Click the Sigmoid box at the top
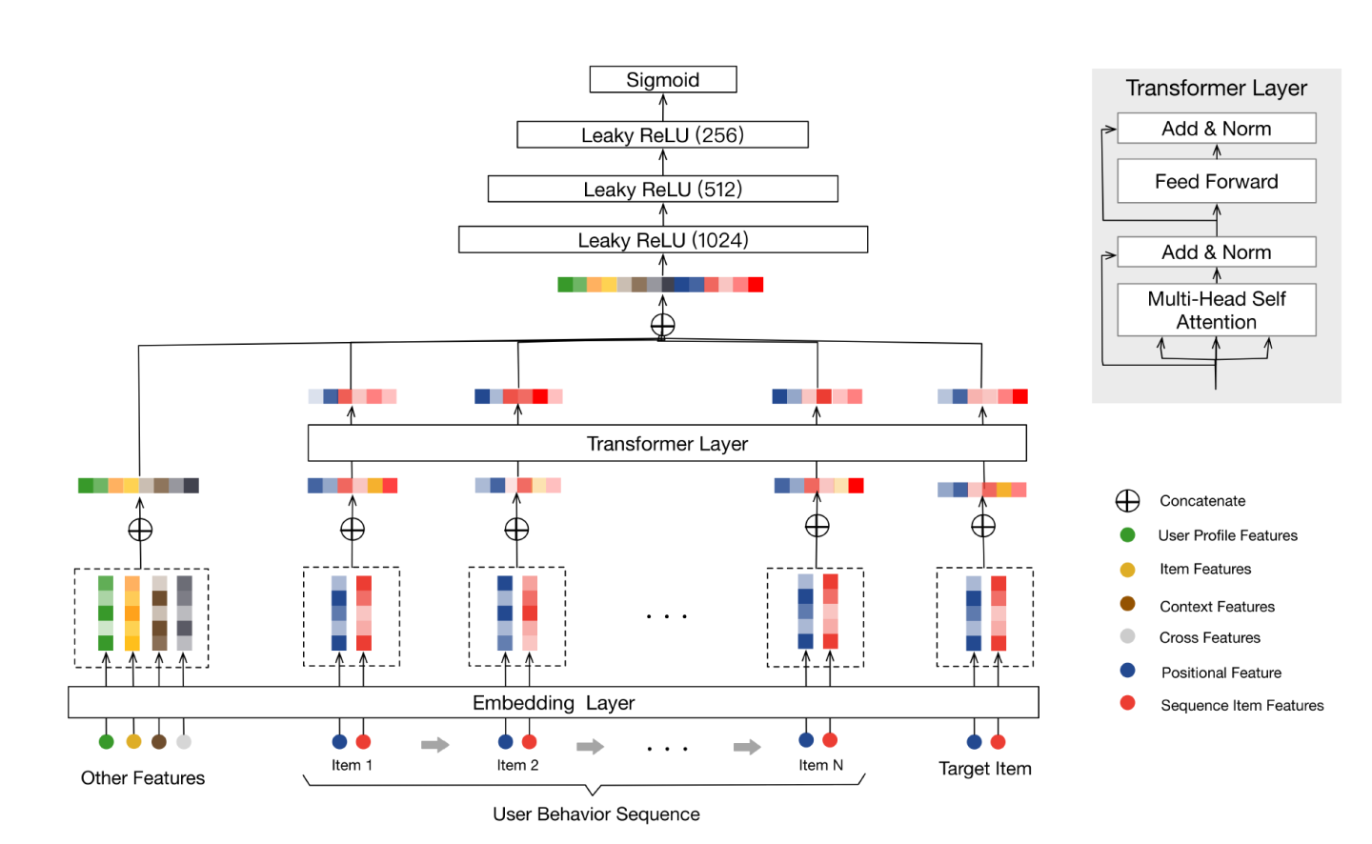(x=663, y=80)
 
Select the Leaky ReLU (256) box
(x=663, y=135)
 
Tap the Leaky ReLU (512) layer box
(x=663, y=190)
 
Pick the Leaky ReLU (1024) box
(x=663, y=240)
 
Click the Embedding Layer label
(x=554, y=703)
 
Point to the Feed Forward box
(x=1217, y=182)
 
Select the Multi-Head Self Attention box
(x=1217, y=311)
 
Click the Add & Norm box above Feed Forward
(x=1217, y=129)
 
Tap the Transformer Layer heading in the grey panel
(x=1217, y=89)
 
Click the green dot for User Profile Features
(x=1128, y=535)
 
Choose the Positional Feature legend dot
(x=1128, y=672)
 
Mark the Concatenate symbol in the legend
(x=1128, y=501)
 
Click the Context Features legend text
(x=1217, y=607)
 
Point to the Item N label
(x=821, y=765)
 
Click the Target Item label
(x=985, y=769)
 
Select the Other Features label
(x=143, y=778)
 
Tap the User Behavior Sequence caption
(x=596, y=814)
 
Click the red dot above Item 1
(x=363, y=742)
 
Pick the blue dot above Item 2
(x=506, y=742)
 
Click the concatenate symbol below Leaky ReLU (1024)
(x=663, y=326)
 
